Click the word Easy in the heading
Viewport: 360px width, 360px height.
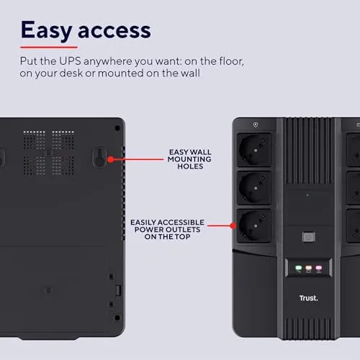(47, 30)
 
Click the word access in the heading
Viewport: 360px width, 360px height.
(114, 31)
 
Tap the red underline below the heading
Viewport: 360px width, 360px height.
(49, 48)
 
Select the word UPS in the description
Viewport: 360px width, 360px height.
(70, 61)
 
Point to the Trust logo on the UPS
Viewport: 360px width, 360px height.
(309, 298)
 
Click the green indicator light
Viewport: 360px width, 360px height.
(299, 268)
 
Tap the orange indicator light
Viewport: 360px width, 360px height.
(309, 268)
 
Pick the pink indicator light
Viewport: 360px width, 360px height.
(319, 268)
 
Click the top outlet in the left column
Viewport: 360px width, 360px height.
(254, 150)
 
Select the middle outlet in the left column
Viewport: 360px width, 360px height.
(254, 188)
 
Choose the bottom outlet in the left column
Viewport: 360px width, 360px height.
(254, 225)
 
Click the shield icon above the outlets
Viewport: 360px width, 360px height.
(256, 125)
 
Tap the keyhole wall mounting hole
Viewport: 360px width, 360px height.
(99, 158)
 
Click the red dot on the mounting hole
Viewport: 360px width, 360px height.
(111, 159)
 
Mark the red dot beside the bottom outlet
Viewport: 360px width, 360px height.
(233, 225)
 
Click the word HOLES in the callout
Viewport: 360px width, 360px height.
(190, 166)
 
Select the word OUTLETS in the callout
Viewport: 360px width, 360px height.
(181, 230)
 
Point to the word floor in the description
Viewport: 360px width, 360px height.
(232, 61)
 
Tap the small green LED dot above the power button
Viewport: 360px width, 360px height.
(307, 195)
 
